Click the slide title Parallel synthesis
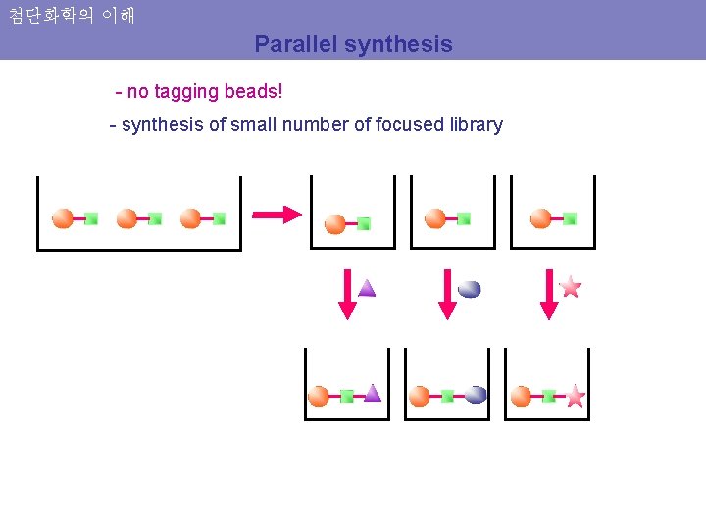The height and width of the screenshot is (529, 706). tap(353, 44)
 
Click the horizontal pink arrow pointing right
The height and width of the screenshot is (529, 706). tap(277, 215)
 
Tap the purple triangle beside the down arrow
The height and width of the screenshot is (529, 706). tap(367, 288)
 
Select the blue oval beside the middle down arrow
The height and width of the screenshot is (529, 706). tap(469, 289)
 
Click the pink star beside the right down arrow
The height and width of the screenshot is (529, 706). tap(571, 287)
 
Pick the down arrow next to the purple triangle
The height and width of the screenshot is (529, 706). tap(347, 295)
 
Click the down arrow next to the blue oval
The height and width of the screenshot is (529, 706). tap(447, 295)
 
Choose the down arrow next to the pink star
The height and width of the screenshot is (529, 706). tap(549, 295)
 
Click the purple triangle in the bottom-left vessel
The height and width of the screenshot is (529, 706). tap(372, 393)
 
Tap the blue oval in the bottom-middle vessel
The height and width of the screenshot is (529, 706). tap(476, 395)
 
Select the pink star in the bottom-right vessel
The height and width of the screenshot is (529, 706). tap(575, 396)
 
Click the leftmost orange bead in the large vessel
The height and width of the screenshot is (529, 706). tap(63, 217)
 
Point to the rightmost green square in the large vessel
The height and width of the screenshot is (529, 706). tap(219, 218)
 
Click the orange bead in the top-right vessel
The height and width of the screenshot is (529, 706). tap(540, 218)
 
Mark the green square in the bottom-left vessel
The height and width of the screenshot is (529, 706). tap(346, 396)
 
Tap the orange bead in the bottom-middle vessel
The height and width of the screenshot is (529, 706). tap(420, 396)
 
